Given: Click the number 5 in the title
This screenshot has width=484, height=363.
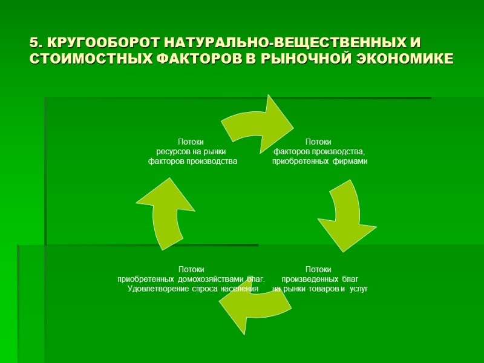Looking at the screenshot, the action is tap(34, 44).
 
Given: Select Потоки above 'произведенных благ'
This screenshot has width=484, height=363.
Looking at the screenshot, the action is tap(319, 269).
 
